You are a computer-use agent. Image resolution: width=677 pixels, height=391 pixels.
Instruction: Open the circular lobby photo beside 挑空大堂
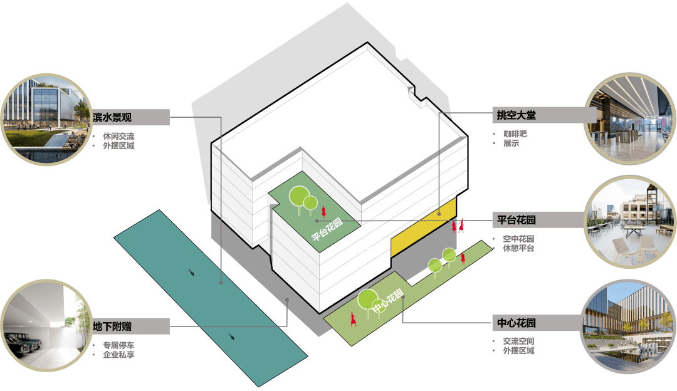(629, 117)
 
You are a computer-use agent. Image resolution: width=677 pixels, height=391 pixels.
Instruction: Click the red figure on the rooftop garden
(324, 211)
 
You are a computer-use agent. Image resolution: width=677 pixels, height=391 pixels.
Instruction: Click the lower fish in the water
(233, 337)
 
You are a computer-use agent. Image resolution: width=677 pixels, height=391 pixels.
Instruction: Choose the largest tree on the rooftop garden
(298, 195)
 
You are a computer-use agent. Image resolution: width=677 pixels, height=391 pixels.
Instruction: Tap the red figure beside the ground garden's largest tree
(354, 319)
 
